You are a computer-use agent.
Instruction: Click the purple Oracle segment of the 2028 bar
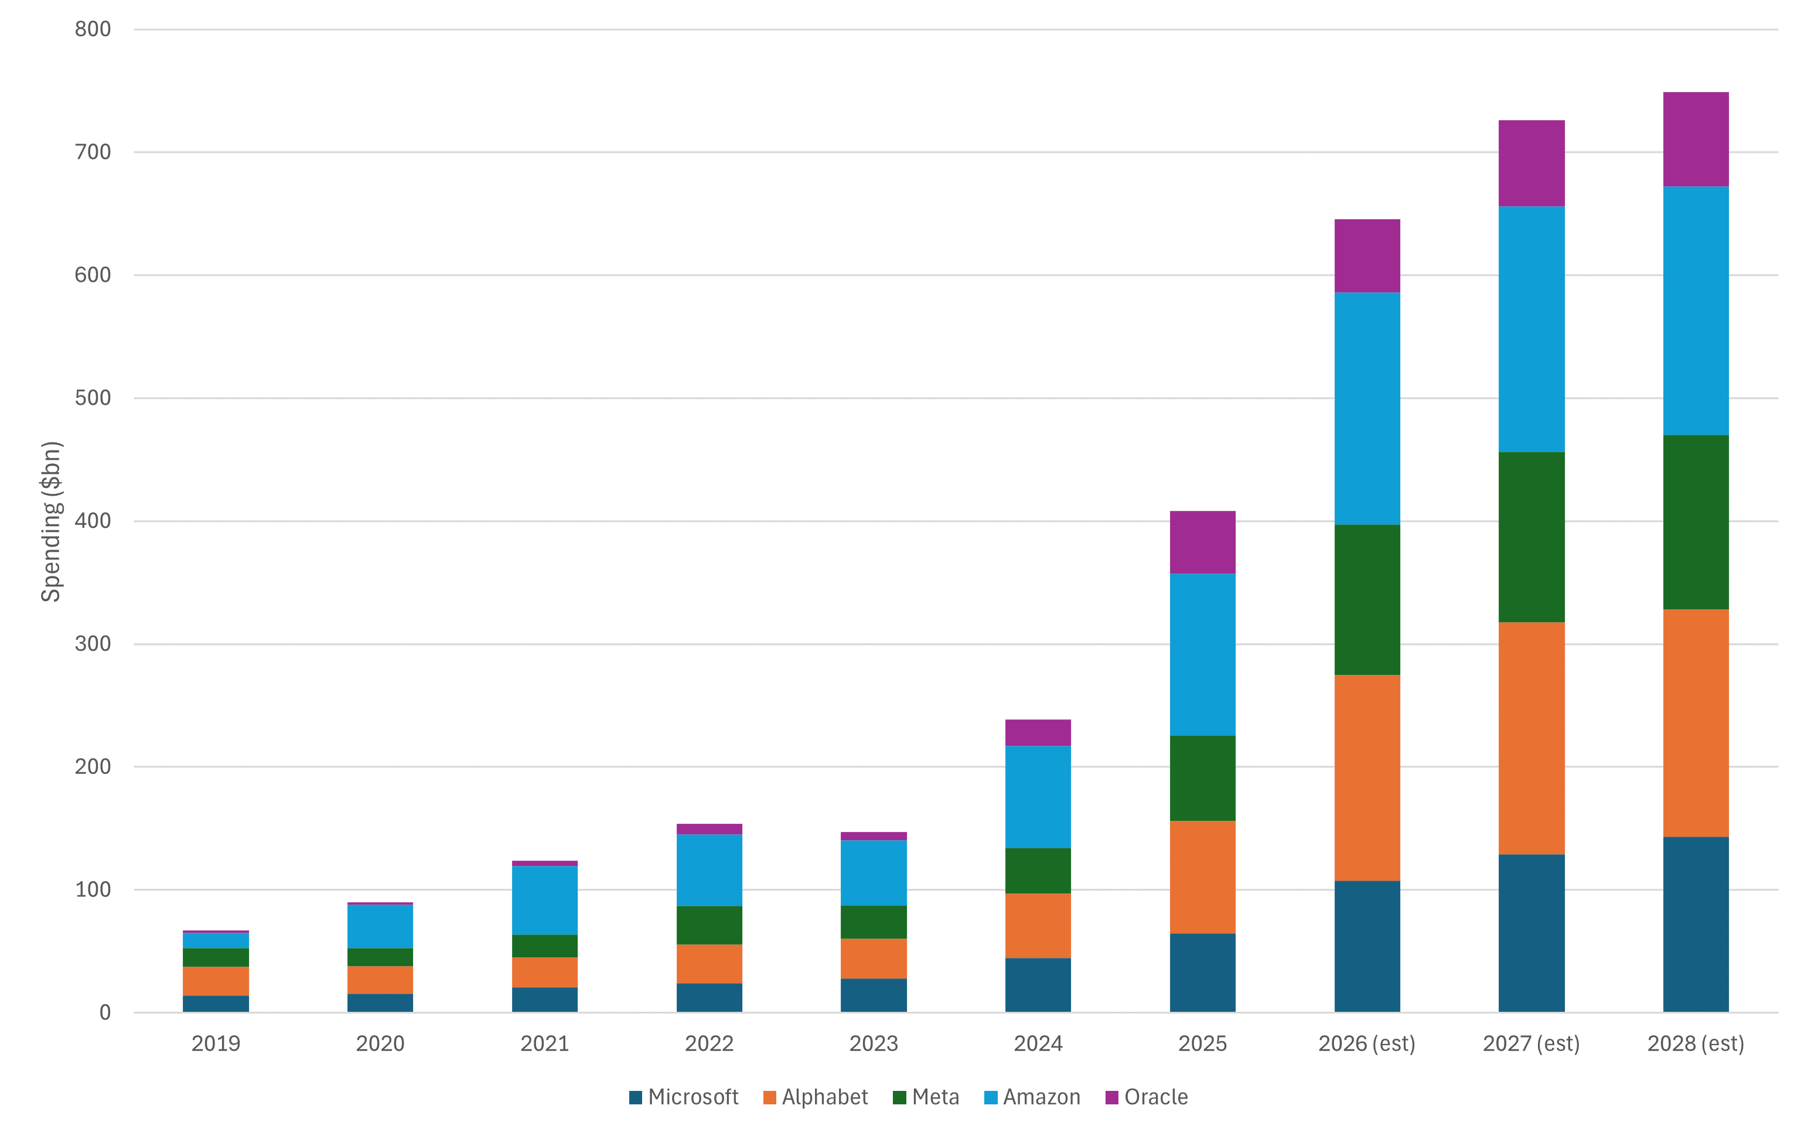click(x=1696, y=139)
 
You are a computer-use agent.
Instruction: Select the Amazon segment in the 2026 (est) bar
click(x=1366, y=408)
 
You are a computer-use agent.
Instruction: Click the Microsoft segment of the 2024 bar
click(x=1038, y=984)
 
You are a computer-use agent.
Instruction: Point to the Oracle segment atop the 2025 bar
click(x=1202, y=541)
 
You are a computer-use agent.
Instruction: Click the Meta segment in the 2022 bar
click(x=709, y=925)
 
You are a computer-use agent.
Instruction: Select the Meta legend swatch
click(x=899, y=1098)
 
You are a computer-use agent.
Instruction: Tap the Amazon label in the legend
click(x=1042, y=1097)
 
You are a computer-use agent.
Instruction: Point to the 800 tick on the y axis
click(x=93, y=29)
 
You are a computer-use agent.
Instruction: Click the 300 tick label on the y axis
click(x=93, y=643)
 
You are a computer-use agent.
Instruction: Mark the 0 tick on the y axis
click(x=104, y=1012)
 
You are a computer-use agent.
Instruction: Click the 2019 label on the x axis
click(x=216, y=1043)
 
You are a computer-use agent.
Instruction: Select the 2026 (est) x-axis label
click(x=1366, y=1043)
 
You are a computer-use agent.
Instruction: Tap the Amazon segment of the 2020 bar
click(x=380, y=926)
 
